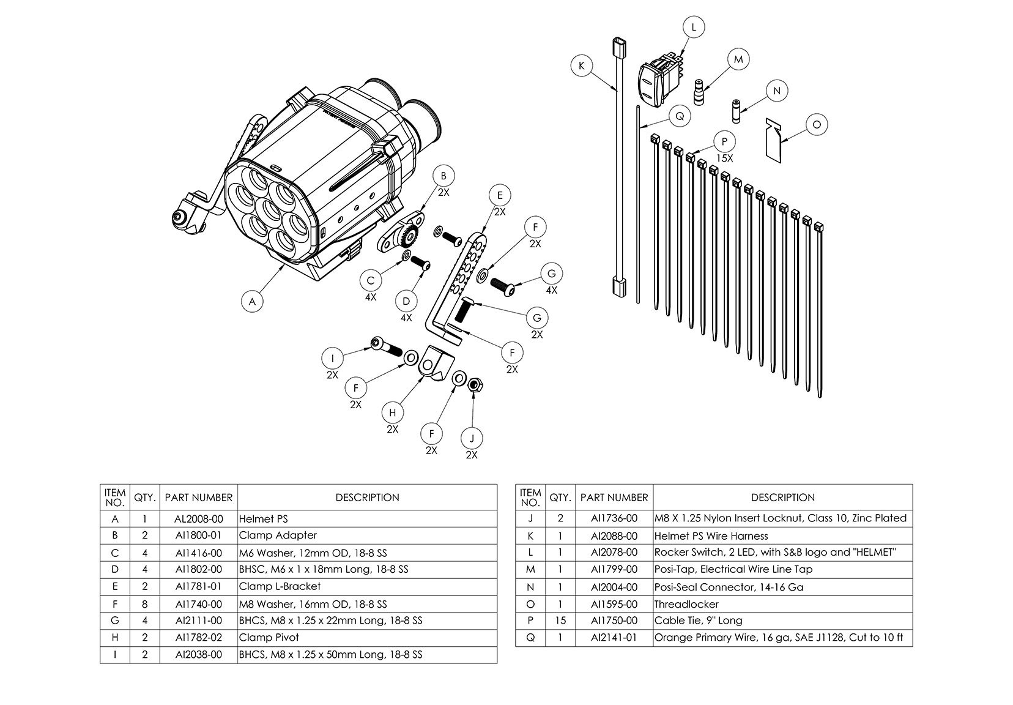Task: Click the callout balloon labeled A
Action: (251, 301)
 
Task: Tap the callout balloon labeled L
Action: (693, 28)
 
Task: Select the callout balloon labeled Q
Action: (679, 116)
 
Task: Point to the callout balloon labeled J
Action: (472, 438)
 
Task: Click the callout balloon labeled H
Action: (393, 412)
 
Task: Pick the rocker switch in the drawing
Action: (656, 76)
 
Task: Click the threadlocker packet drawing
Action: (774, 141)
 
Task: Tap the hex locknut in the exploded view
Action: (473, 386)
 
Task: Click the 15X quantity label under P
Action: (724, 158)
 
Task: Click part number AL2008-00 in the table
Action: (199, 519)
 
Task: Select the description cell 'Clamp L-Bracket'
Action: (280, 586)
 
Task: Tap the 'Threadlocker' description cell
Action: (686, 604)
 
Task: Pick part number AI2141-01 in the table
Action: (614, 638)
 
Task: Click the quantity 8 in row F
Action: (145, 603)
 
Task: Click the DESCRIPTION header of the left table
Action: (367, 498)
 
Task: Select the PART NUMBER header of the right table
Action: (614, 498)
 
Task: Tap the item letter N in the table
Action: (530, 587)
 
